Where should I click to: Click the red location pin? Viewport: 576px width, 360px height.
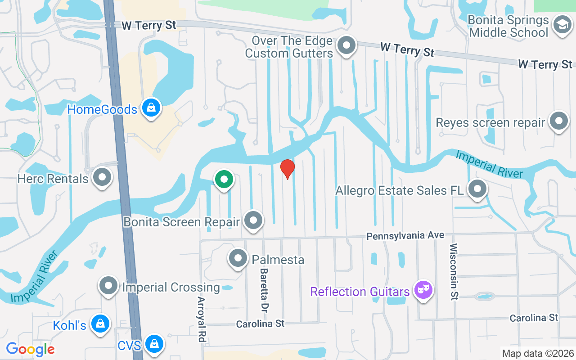click(287, 169)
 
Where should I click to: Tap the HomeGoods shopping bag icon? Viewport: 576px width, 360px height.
click(152, 108)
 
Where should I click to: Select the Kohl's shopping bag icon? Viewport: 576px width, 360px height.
click(100, 324)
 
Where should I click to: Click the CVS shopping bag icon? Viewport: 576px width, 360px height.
click(154, 344)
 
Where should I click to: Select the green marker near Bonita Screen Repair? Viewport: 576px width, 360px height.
click(224, 180)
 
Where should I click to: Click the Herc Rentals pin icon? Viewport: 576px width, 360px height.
click(102, 178)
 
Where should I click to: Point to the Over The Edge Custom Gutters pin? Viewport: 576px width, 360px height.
click(346, 46)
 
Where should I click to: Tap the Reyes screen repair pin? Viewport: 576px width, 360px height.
click(558, 121)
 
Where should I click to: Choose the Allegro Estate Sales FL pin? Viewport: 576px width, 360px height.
click(477, 189)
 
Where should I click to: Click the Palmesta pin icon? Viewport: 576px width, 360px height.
click(238, 259)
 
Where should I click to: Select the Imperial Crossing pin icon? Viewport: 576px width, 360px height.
click(108, 286)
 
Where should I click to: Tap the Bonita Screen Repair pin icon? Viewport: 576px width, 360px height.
click(253, 221)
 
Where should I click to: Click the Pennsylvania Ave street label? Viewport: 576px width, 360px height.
click(405, 235)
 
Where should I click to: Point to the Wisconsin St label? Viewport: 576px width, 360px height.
click(454, 272)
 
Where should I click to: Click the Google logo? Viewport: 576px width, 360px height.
click(30, 349)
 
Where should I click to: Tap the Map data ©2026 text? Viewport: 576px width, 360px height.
click(538, 353)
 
